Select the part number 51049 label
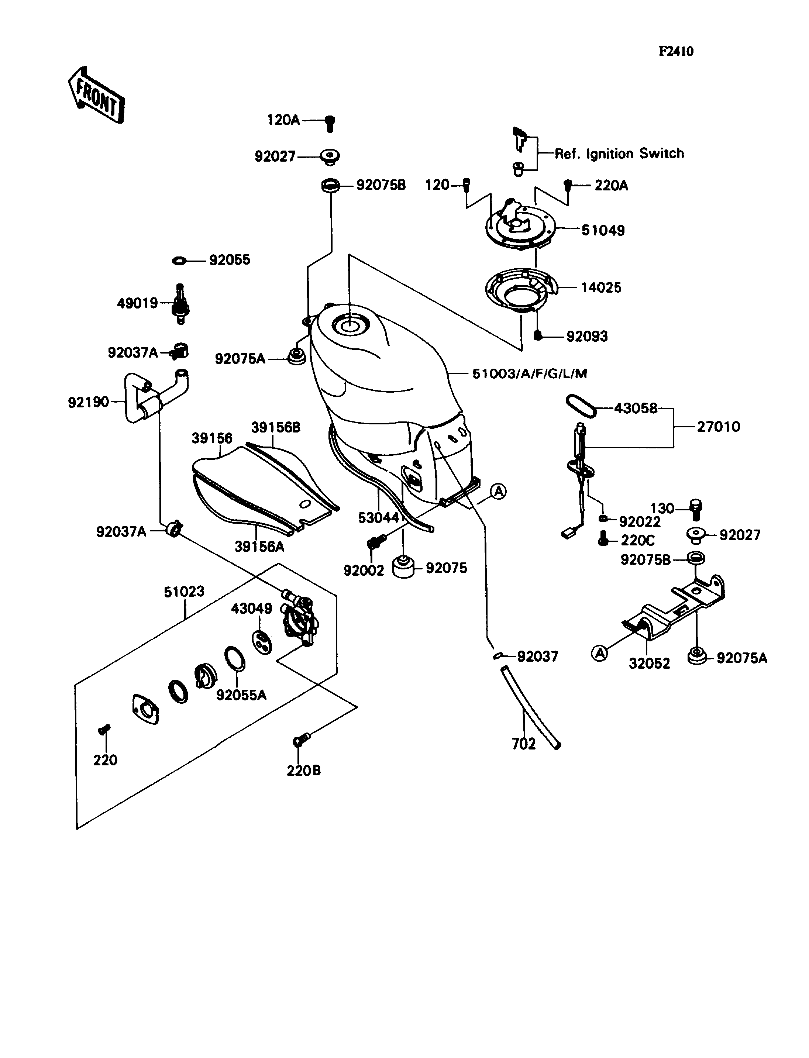coord(603,230)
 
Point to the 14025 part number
coord(600,287)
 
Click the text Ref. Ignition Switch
coord(619,154)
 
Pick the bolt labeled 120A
coord(330,123)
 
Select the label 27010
coord(718,427)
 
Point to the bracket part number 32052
coord(649,663)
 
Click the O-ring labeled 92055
coord(179,261)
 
